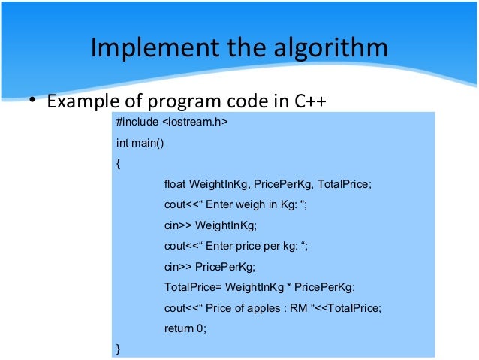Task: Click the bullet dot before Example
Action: click(32, 101)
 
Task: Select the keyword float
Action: click(175, 183)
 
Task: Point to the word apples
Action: click(258, 307)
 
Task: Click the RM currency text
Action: click(295, 307)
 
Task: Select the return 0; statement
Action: click(185, 328)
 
